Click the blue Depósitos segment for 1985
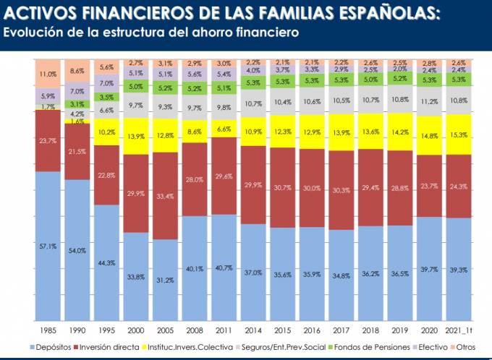tap(48, 246)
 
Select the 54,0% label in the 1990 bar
tap(77, 250)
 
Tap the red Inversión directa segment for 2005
tap(166, 196)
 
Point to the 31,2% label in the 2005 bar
tap(166, 280)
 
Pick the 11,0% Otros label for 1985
tap(48, 74)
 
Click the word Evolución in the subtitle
tap(30, 33)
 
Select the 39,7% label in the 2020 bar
tap(430, 270)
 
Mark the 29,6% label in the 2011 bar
tap(224, 176)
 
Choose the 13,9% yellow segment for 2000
tap(136, 137)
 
